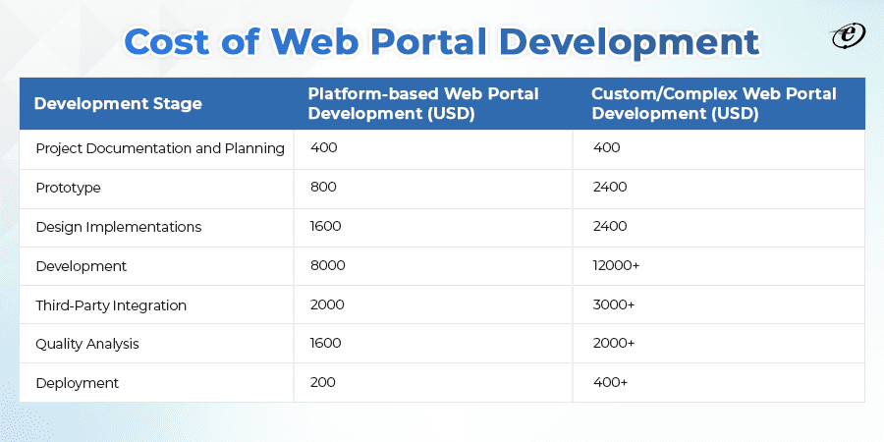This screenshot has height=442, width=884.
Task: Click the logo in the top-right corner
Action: click(x=846, y=36)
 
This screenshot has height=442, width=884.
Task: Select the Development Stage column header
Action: click(x=118, y=103)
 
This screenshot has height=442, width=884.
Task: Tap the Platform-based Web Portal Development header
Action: click(x=423, y=103)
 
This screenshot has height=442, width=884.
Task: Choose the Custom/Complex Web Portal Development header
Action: click(x=713, y=103)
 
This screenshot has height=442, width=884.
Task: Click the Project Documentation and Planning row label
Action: click(x=160, y=148)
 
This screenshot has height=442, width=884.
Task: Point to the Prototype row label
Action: click(x=68, y=188)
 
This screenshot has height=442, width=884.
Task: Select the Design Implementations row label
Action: click(x=118, y=227)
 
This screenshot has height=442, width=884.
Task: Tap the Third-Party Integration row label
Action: click(x=111, y=305)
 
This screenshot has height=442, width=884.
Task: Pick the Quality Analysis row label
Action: click(x=87, y=344)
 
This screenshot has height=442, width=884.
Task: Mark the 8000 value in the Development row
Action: click(x=327, y=266)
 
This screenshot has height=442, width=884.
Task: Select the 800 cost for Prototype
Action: click(x=322, y=188)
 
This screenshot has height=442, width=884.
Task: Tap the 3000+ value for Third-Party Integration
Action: click(x=614, y=305)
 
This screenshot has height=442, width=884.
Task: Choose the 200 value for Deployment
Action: click(x=322, y=383)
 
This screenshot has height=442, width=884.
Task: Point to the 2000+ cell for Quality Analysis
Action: click(x=614, y=344)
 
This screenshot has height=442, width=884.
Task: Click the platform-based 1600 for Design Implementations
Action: click(x=326, y=227)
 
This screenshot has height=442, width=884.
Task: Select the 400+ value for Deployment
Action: click(x=610, y=383)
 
